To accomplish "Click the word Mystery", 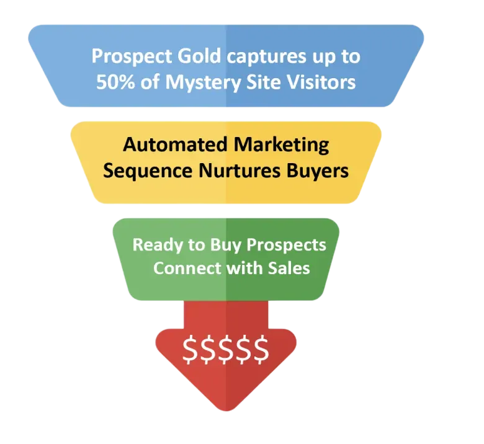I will point(196,82).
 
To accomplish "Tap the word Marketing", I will point(281,144).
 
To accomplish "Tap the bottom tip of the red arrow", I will point(226,414).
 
